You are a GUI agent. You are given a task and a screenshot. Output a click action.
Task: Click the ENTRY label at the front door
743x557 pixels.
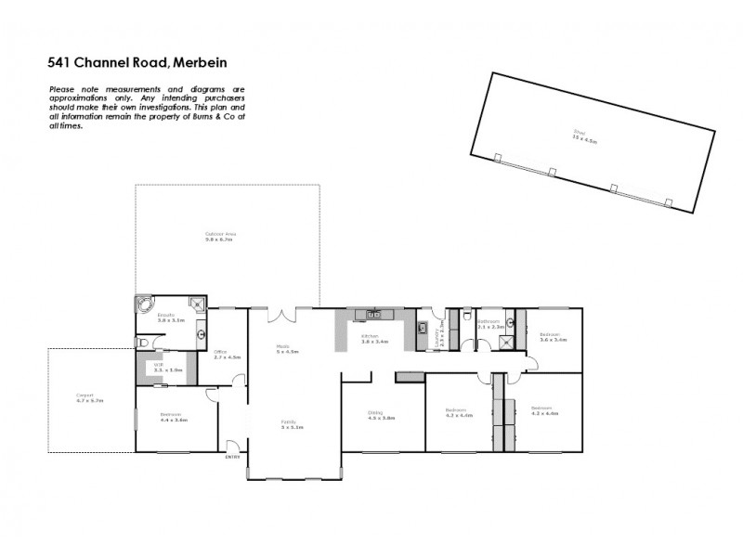[x=231, y=456]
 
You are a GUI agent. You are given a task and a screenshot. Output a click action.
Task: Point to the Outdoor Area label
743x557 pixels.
[x=222, y=233]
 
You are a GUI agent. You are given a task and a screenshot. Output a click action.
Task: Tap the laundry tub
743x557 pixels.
[x=422, y=327]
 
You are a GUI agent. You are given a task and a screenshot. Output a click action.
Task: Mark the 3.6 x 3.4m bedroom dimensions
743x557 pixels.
[x=553, y=340]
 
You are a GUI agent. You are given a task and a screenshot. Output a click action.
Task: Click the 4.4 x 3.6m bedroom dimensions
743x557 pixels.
[x=174, y=420]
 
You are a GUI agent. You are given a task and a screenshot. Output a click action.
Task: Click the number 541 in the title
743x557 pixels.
[x=60, y=64]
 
